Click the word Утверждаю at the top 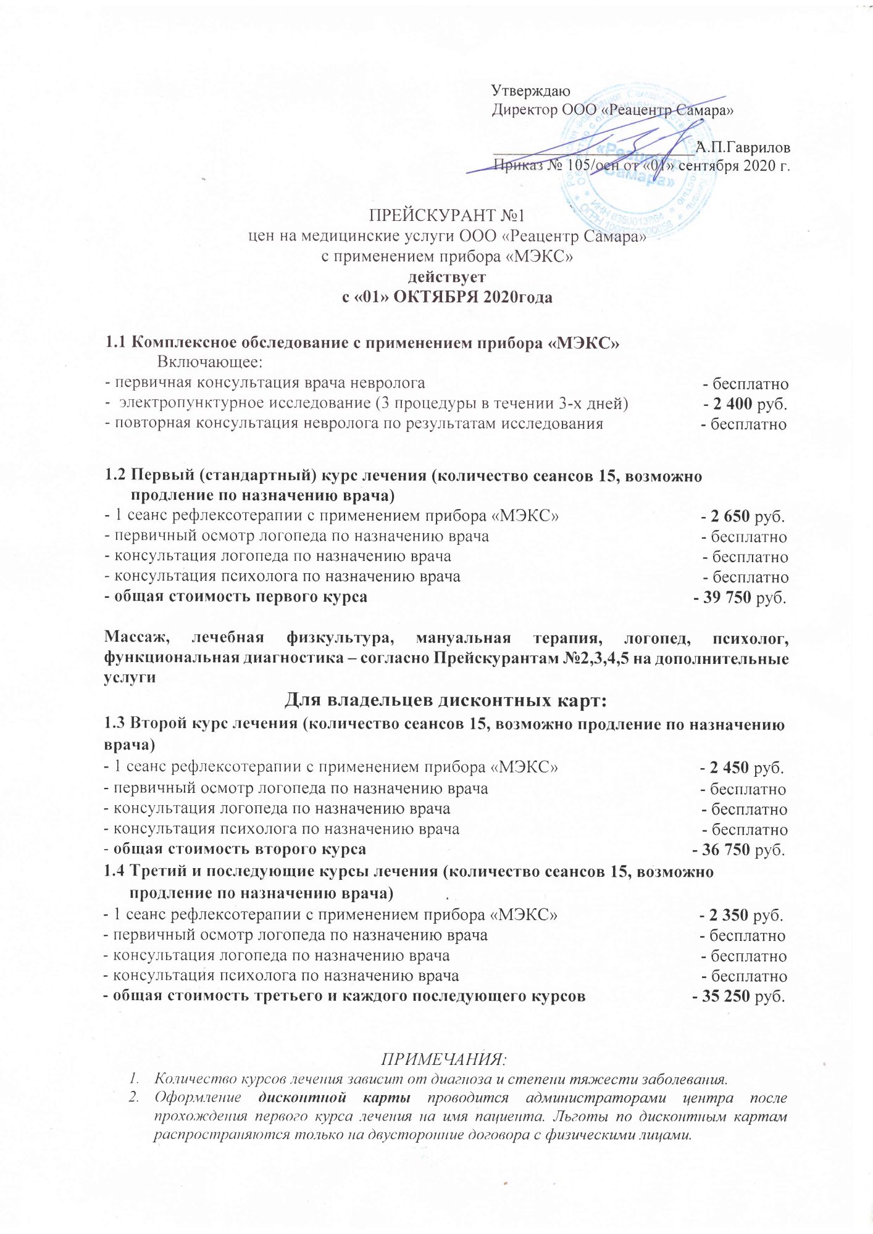click(x=530, y=91)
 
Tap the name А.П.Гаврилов click(x=743, y=147)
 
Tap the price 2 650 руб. click(x=747, y=516)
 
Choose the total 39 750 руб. click(x=744, y=597)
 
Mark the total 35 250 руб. click(x=743, y=996)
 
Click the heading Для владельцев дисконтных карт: click(x=446, y=701)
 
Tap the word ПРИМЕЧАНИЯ click(x=443, y=1060)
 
